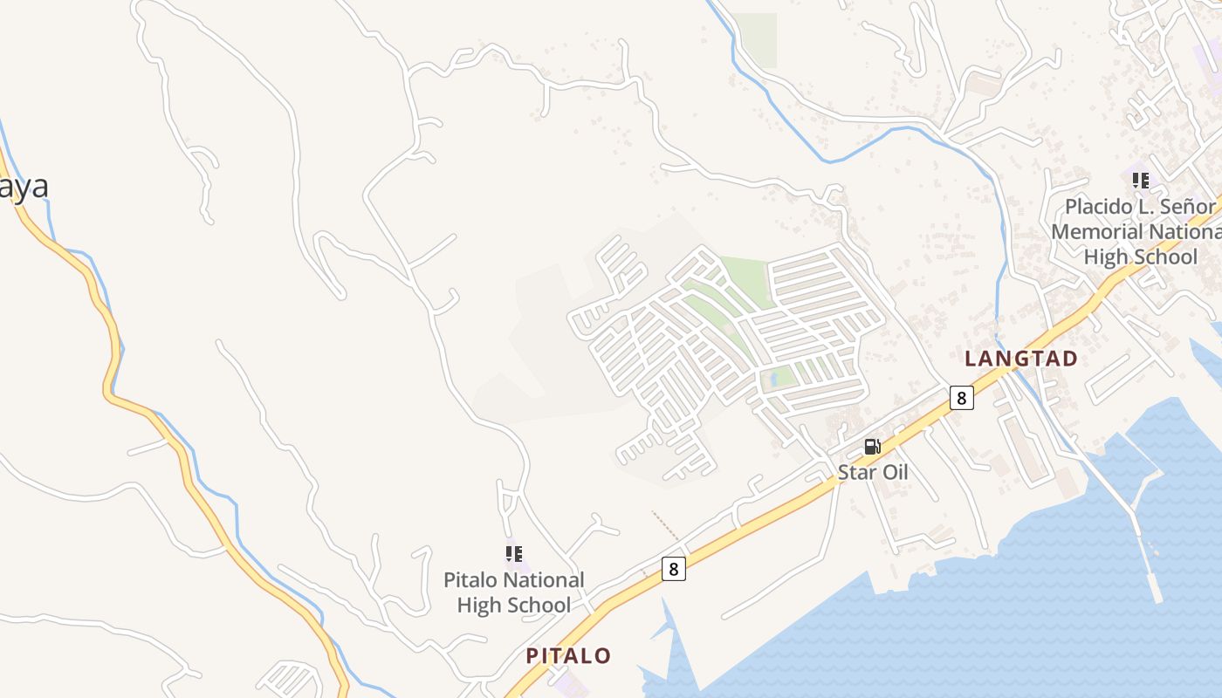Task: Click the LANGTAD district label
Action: (1020, 359)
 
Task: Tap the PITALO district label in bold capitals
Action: (568, 656)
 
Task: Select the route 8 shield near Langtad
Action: (961, 398)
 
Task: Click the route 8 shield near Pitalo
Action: (673, 569)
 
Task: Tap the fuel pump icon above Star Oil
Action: (872, 447)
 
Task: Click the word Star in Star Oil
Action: (855, 473)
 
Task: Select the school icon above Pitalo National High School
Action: (514, 553)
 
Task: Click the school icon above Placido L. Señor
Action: (1140, 181)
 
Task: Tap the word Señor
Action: (1185, 207)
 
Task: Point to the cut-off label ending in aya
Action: (24, 187)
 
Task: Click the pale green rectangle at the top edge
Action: (754, 38)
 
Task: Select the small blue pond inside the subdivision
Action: (774, 380)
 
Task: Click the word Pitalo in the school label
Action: (471, 580)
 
